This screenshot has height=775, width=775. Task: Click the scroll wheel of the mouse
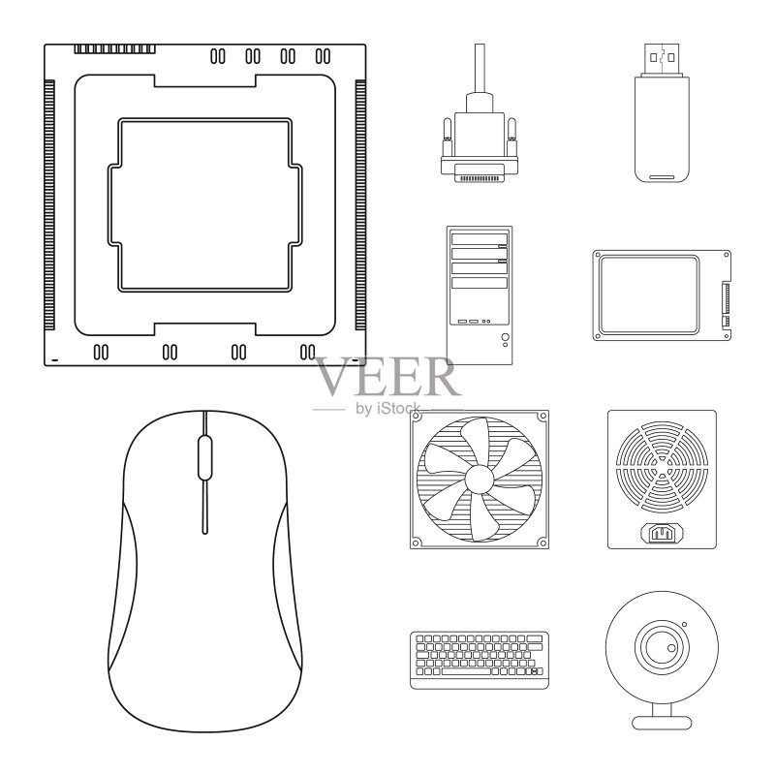click(204, 457)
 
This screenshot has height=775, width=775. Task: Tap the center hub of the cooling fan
click(479, 479)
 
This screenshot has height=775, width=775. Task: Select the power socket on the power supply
click(662, 533)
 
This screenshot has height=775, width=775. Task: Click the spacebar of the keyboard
click(466, 671)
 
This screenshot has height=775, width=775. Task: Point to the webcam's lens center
click(662, 646)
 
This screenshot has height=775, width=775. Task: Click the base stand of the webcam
click(662, 722)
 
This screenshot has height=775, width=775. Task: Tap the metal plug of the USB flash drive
click(662, 59)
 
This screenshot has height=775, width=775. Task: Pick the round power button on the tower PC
click(505, 336)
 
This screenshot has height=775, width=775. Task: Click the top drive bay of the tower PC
click(479, 238)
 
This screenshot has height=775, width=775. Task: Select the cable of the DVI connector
click(479, 68)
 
